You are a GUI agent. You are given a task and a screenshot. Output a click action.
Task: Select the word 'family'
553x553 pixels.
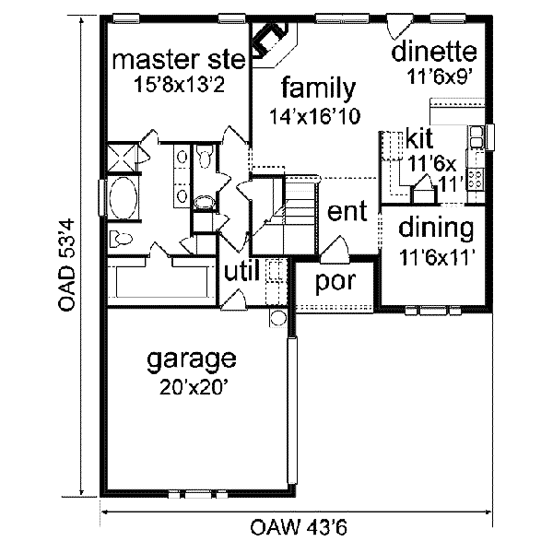coord(319,89)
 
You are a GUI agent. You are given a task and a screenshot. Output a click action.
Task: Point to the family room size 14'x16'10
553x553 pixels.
coord(315,116)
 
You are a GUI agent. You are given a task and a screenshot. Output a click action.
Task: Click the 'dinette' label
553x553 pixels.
coord(433,53)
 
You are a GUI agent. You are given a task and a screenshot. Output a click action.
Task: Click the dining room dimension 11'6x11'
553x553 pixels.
coord(437,257)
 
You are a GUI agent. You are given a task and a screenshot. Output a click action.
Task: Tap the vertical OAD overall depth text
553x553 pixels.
coord(65,267)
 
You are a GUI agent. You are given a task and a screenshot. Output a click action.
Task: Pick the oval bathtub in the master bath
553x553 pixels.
coord(121,197)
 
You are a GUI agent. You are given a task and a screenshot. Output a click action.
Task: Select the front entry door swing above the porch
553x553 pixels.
coord(334,246)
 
